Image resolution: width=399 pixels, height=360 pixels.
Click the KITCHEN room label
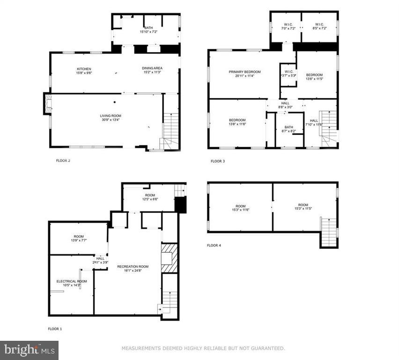tap(84, 69)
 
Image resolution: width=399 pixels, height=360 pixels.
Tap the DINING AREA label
tap(152, 69)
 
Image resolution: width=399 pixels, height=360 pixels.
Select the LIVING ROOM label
tap(111, 116)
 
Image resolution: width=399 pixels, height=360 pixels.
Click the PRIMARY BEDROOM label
tap(244, 72)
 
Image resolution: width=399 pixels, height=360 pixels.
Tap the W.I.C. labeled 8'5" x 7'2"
tap(319, 29)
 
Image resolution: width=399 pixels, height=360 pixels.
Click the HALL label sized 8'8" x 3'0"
tap(285, 107)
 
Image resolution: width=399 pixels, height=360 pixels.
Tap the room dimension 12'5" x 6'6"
tap(150, 199)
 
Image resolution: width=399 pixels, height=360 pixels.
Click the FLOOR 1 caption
tap(55, 329)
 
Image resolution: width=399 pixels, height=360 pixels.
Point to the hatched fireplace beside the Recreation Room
tap(169, 257)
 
